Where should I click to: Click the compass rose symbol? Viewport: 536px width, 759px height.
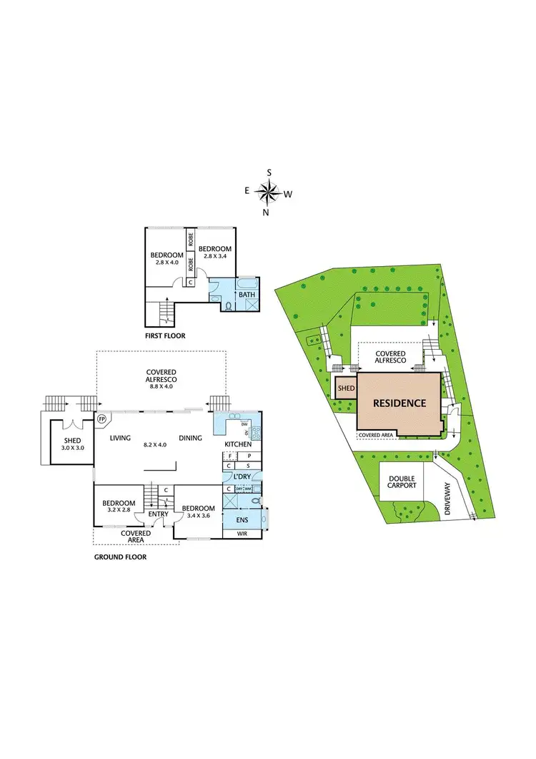pyautogui.click(x=269, y=192)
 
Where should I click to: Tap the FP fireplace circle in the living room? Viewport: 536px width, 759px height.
pyautogui.click(x=101, y=418)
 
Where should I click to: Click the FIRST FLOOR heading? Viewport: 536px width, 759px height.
pyautogui.click(x=166, y=335)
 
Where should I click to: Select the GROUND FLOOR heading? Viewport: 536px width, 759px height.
pyautogui.click(x=120, y=557)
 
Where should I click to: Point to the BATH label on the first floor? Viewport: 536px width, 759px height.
pyautogui.click(x=247, y=294)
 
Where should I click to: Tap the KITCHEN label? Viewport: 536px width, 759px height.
pyautogui.click(x=238, y=445)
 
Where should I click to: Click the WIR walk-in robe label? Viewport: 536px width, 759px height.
pyautogui.click(x=242, y=533)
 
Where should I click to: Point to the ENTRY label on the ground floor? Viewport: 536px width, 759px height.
pyautogui.click(x=158, y=514)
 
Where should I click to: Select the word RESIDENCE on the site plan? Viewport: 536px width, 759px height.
pyautogui.click(x=399, y=403)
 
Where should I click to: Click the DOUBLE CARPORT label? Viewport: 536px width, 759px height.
pyautogui.click(x=402, y=484)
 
